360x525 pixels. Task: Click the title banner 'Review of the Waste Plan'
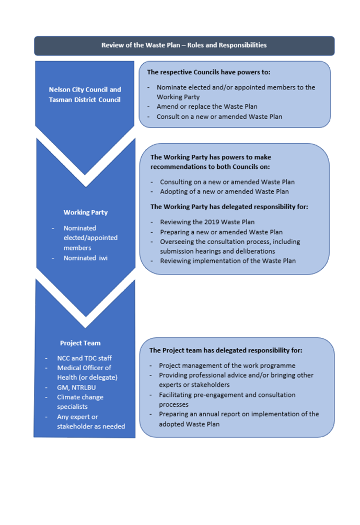click(184, 45)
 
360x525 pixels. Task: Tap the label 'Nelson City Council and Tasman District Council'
click(85, 95)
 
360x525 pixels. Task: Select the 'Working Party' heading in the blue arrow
click(86, 212)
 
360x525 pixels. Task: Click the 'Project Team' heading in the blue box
click(80, 343)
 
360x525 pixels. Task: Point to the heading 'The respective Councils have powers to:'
click(208, 72)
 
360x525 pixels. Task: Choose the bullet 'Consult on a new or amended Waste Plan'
click(219, 117)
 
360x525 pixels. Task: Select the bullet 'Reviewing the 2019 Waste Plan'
click(207, 222)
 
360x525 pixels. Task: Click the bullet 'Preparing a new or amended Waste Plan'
click(221, 232)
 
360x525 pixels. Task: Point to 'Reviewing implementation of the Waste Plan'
click(227, 261)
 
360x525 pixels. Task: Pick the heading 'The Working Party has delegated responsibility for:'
click(229, 207)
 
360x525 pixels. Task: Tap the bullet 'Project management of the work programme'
click(227, 366)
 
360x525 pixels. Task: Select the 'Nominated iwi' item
click(85, 258)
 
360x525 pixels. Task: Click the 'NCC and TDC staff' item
click(84, 358)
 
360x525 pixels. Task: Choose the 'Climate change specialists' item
click(80, 402)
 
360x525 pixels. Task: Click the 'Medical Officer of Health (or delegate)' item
click(87, 372)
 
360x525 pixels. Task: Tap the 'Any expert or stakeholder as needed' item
click(90, 421)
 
